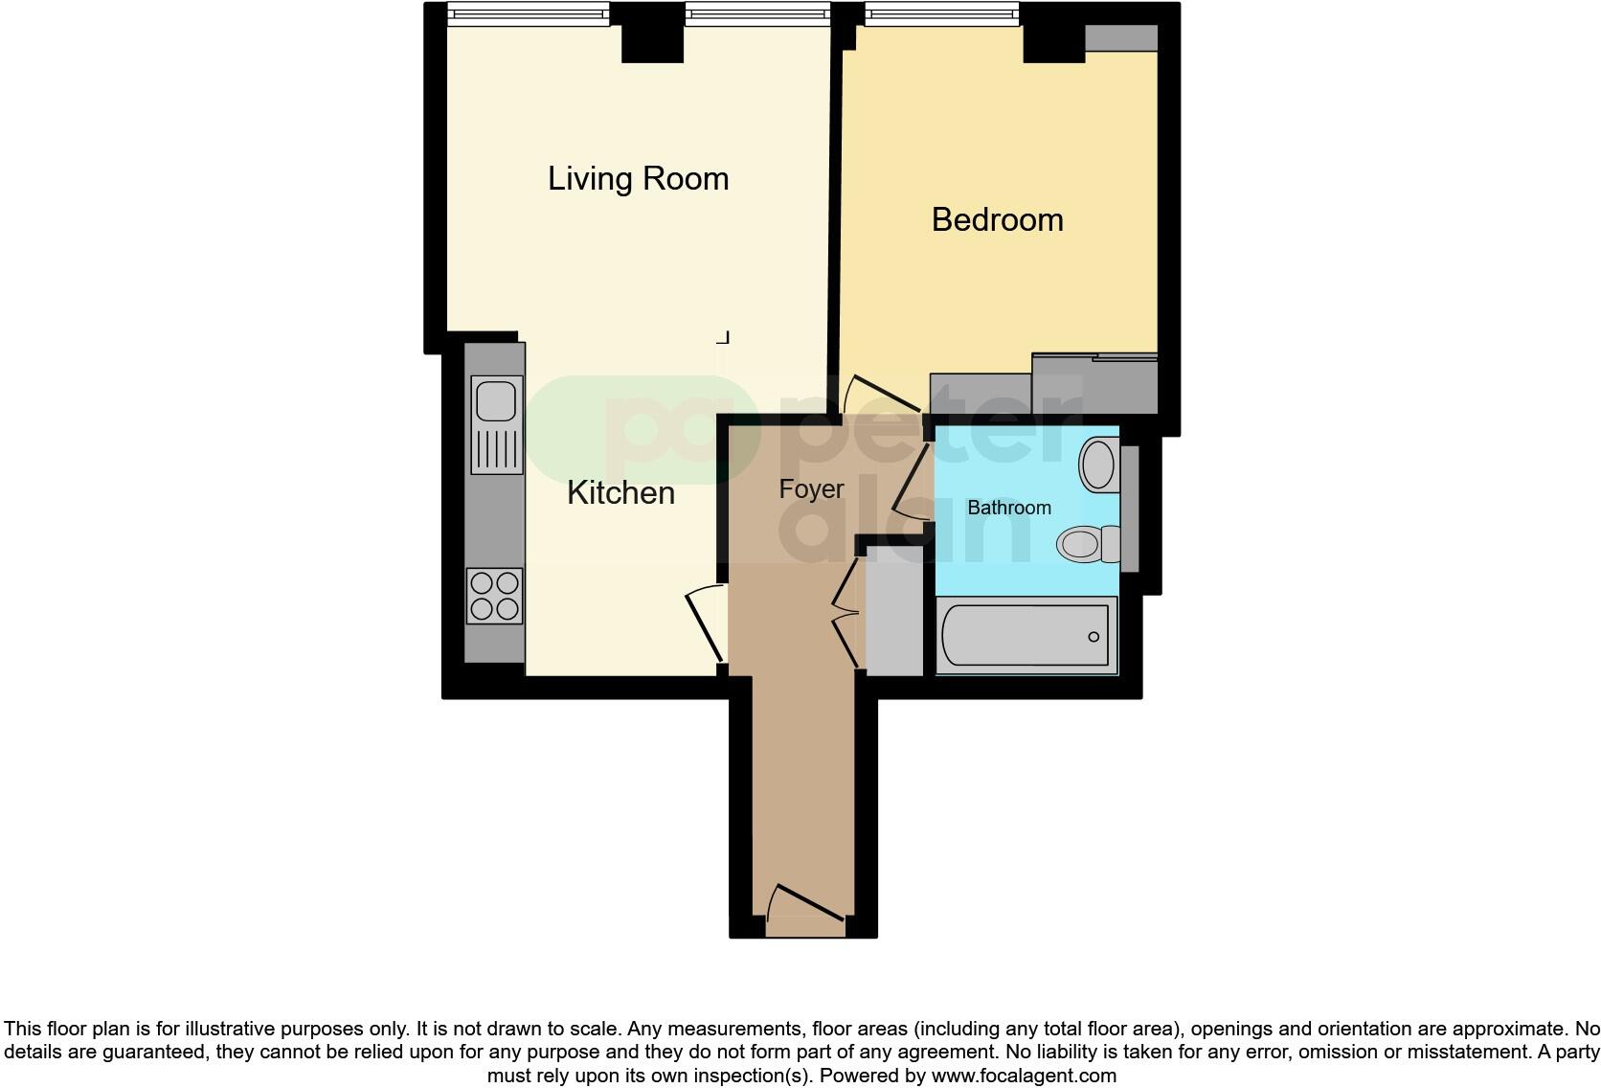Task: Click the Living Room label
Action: (638, 179)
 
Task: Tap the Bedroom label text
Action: (997, 220)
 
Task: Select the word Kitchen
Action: (620, 493)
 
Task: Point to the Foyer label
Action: (811, 489)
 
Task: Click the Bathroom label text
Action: (1008, 508)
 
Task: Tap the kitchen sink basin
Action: (496, 400)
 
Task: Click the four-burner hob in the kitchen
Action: (494, 596)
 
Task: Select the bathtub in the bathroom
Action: (1025, 636)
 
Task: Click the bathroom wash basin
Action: (1098, 465)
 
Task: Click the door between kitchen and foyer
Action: (705, 624)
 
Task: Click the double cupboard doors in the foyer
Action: (846, 613)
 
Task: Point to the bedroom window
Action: (940, 13)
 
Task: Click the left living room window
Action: (528, 13)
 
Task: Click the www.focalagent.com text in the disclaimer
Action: (1023, 1076)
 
